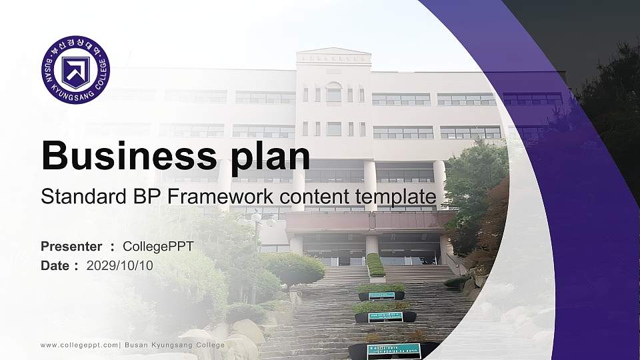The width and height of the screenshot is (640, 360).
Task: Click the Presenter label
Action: [x=71, y=247]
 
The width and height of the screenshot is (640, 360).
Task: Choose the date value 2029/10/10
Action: [x=120, y=265]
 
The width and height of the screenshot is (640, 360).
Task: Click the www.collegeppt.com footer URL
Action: [x=79, y=345]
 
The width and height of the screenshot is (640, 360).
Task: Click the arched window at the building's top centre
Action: [x=334, y=93]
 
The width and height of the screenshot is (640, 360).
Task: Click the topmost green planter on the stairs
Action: [x=375, y=265]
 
